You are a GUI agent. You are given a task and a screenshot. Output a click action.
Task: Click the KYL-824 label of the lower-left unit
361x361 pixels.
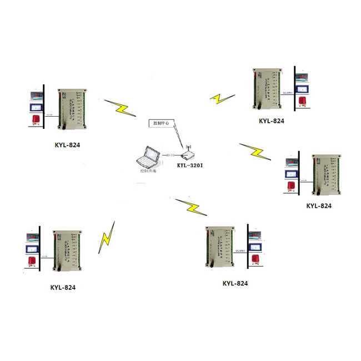tap(63, 288)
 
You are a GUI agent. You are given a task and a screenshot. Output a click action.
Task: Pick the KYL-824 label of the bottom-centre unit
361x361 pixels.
tap(235, 283)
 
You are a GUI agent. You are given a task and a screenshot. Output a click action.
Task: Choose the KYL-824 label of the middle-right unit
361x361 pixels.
tap(319, 205)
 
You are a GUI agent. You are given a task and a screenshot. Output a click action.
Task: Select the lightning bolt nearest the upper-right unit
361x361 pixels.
tap(222, 98)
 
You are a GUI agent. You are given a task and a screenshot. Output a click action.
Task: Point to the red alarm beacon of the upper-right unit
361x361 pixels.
tap(302, 101)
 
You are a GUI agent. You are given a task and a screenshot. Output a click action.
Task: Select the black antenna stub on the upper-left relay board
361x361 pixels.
tap(63, 119)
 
